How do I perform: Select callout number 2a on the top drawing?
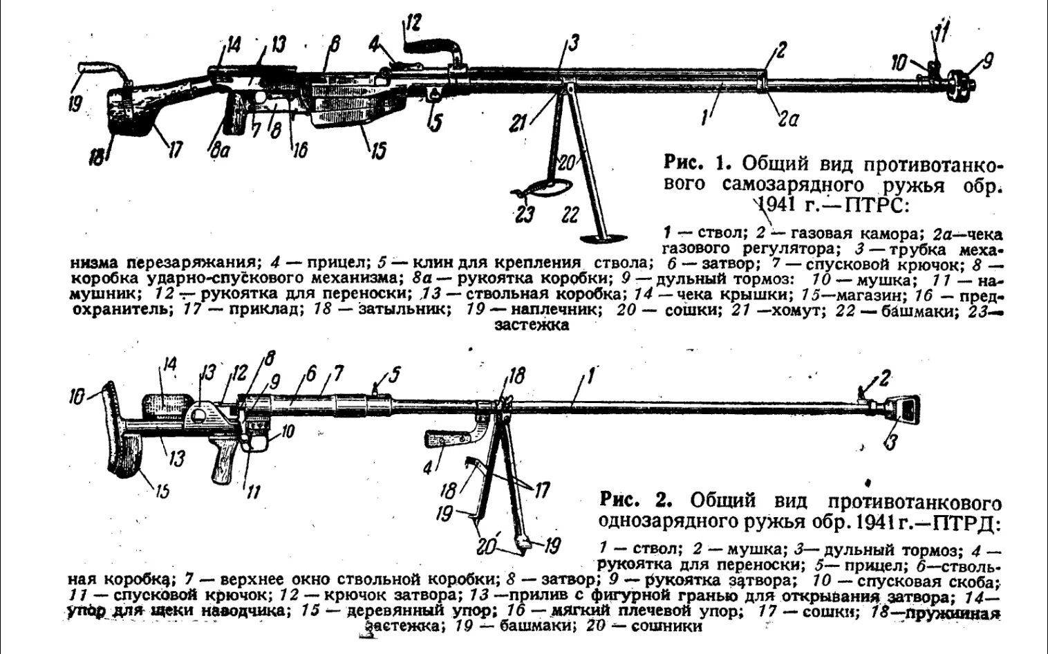(x=787, y=119)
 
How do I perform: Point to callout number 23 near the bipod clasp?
(x=525, y=214)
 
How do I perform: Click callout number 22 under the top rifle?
(x=570, y=214)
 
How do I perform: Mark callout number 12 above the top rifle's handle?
(x=412, y=21)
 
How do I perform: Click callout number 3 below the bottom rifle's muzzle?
(x=891, y=441)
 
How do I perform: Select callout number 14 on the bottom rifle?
(x=169, y=364)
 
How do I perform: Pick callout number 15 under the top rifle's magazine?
(x=377, y=151)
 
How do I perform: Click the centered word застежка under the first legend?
(x=532, y=325)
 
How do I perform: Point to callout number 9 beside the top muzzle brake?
(x=986, y=62)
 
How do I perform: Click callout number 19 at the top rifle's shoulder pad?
(x=75, y=104)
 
